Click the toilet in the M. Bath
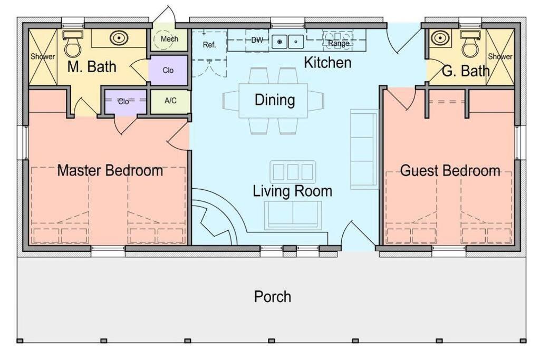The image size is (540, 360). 73,44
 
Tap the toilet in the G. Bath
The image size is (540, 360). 470,44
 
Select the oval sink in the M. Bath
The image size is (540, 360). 119,37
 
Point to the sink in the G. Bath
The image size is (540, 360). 440,37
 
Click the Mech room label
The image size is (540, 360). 169,39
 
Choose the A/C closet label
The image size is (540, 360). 170,101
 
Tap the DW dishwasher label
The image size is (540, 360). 257,40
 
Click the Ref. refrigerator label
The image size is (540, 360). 209,45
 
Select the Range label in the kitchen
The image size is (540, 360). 339,43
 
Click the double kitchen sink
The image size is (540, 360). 287,42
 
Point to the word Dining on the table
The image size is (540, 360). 275,100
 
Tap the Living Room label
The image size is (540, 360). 292,191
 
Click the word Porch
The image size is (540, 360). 273,297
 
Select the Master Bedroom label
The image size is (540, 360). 110,170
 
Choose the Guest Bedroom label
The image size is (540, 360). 450,171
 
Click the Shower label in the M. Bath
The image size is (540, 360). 43,56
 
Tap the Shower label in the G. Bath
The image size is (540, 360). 500,56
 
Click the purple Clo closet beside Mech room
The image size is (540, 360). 168,70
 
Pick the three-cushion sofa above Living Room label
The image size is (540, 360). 293,172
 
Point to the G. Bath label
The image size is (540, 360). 466,71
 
